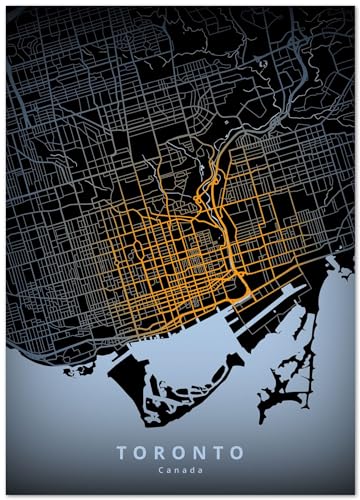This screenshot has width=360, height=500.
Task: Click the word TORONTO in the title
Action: coord(180,453)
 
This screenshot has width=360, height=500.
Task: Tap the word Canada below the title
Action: coord(180,469)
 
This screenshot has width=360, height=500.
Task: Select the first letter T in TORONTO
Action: coord(122,453)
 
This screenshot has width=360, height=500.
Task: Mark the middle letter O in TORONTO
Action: coord(180,453)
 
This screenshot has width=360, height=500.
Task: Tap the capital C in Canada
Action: coord(160,469)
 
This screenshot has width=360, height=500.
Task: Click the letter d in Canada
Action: coord(191,469)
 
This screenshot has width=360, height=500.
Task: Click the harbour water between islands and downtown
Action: coord(180,345)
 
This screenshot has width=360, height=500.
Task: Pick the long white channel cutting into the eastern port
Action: coord(270,305)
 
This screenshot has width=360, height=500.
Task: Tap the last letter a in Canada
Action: coord(200,469)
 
